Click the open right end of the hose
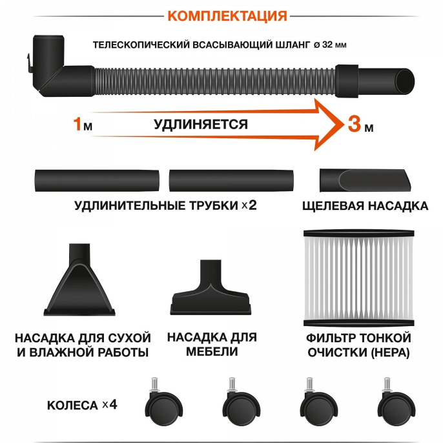click(406, 81)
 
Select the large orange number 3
click(354, 125)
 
